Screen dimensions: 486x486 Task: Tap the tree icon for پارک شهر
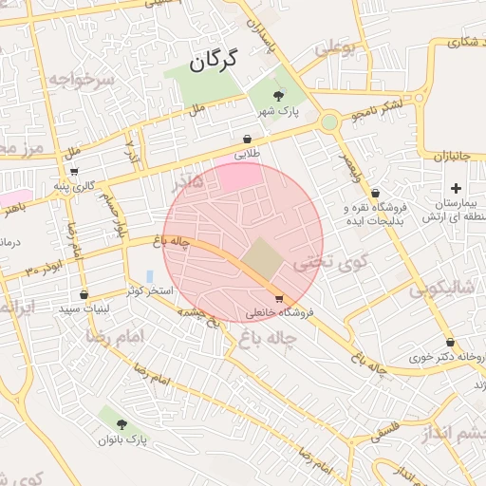[278, 96]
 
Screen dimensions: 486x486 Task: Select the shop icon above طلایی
[248, 138]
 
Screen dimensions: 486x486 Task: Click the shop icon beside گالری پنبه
[74, 172]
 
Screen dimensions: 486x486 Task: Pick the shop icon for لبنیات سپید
[84, 294]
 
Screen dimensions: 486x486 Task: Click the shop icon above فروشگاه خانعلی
[278, 298]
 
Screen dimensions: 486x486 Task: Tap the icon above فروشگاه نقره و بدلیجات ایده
[376, 193]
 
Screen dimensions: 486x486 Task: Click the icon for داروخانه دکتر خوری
[450, 343]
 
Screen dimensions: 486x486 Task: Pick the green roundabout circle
[329, 121]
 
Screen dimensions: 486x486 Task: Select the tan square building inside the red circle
[260, 256]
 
